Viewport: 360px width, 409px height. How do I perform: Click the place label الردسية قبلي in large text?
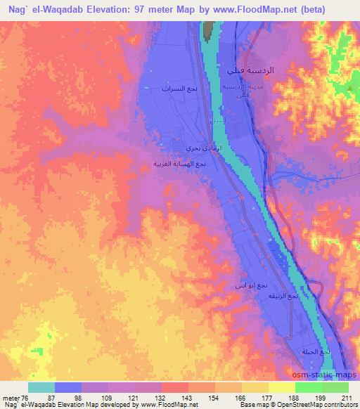tap(250, 71)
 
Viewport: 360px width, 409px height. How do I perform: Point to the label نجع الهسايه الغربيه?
tap(180, 163)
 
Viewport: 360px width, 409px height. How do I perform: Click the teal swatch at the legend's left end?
tap(41, 387)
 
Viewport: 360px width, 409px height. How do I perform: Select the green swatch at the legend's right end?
tap(335, 387)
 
